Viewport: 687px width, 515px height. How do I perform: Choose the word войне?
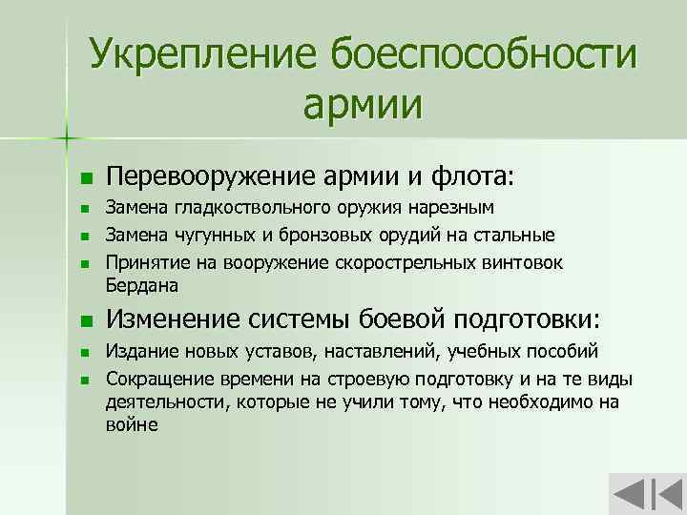pos(131,425)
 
